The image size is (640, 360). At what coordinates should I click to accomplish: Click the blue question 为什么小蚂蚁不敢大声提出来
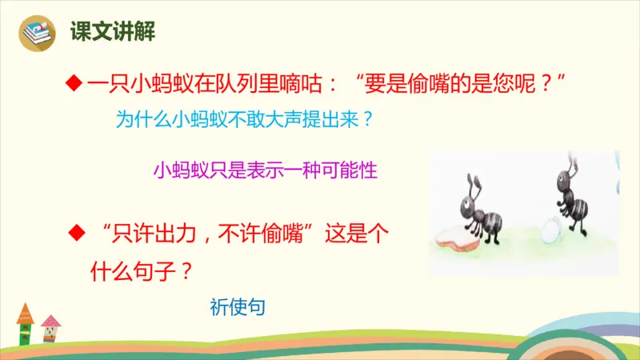(x=245, y=121)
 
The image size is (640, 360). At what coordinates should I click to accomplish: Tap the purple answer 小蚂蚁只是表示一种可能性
(x=264, y=170)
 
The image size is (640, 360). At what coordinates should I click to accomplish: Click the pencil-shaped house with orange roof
(x=25, y=323)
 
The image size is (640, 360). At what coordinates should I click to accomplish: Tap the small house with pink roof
(x=50, y=329)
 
